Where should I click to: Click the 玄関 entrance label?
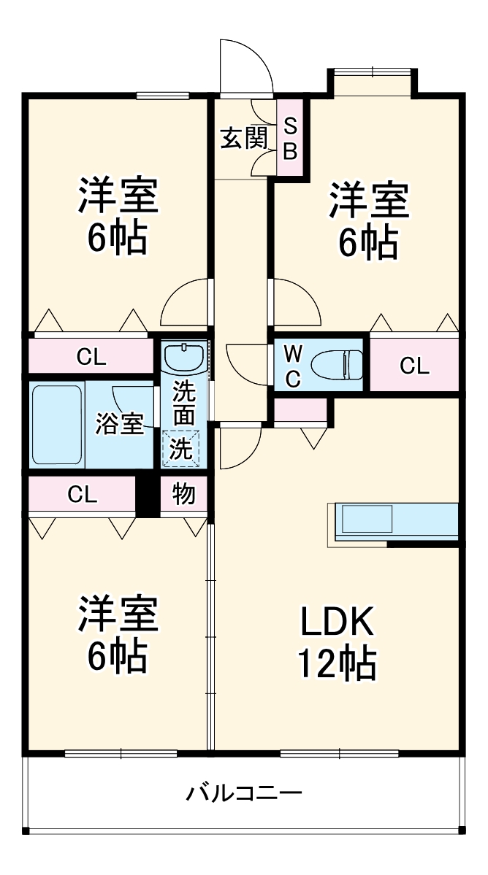(x=244, y=138)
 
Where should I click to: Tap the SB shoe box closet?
(x=290, y=138)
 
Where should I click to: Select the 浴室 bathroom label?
(x=118, y=424)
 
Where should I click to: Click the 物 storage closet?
(x=183, y=495)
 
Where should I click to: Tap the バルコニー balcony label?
(x=243, y=792)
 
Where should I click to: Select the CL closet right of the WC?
(x=414, y=366)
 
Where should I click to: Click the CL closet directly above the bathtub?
(x=91, y=358)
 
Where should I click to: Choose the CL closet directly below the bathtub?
(x=82, y=495)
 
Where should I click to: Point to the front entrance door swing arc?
(x=247, y=66)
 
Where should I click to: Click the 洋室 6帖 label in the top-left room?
(x=118, y=217)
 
